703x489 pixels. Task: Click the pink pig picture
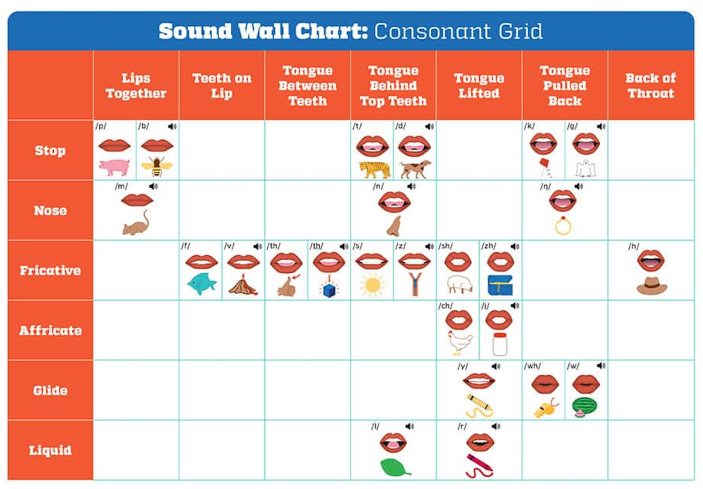point(114,167)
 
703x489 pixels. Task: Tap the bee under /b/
point(157,167)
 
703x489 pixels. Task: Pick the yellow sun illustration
point(372,286)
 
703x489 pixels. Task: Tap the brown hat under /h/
point(651,286)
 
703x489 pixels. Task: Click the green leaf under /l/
point(395,466)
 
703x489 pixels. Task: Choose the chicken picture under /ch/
point(459,344)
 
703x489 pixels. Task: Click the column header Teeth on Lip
point(221,86)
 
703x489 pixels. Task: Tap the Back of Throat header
point(650,86)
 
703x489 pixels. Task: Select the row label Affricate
point(50,330)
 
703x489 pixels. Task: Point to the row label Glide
point(50,390)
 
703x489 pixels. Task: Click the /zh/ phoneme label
point(489,246)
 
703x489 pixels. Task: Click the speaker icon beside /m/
point(153,186)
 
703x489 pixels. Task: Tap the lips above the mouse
point(137,200)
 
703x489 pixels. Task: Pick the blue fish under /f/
point(202,285)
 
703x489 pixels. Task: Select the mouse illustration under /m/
point(136,224)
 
